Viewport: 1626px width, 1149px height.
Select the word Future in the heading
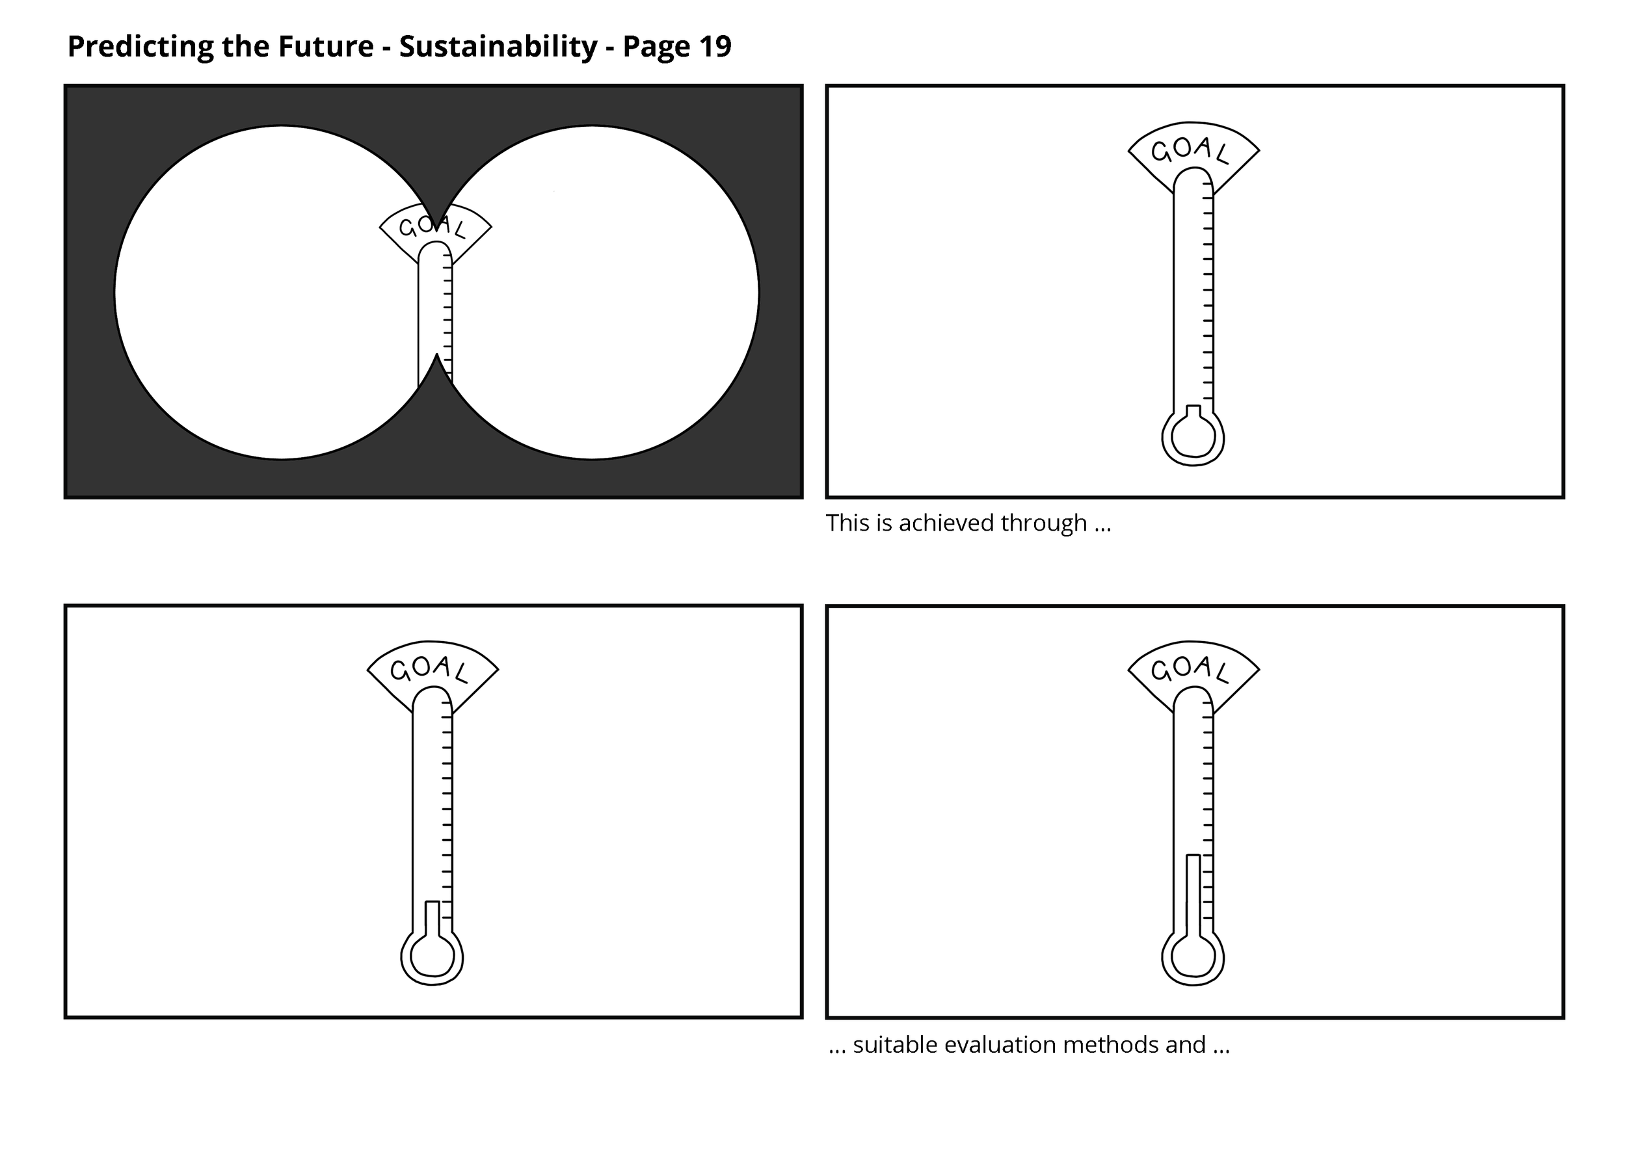(x=325, y=47)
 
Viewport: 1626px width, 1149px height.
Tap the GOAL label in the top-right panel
(x=1190, y=150)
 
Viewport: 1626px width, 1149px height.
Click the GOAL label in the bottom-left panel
(x=429, y=668)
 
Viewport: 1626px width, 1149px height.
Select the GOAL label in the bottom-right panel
(x=1190, y=668)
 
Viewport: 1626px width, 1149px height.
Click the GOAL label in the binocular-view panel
(x=432, y=226)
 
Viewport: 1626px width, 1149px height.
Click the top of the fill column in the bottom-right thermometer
(x=1193, y=857)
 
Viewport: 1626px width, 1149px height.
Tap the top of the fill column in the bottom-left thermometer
(x=432, y=903)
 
